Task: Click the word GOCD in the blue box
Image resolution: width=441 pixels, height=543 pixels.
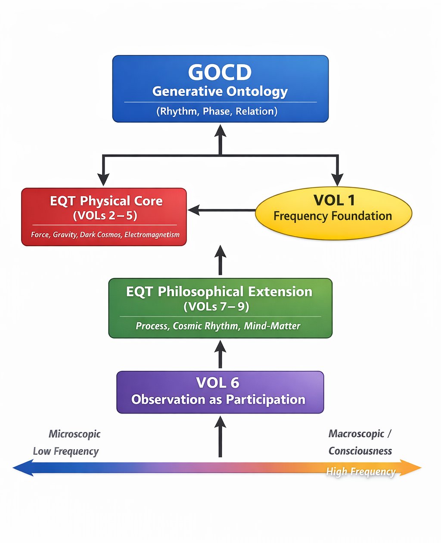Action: [220, 72]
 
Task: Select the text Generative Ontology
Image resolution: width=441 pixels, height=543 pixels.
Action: [220, 91]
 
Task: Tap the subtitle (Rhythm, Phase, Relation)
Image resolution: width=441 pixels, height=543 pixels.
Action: [217, 111]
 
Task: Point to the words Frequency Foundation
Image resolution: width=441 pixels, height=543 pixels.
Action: [332, 216]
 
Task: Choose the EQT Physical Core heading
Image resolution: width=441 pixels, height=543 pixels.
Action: [106, 201]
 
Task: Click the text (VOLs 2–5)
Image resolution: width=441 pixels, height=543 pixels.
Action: [105, 215]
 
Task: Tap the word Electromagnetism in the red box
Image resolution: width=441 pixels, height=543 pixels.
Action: [152, 235]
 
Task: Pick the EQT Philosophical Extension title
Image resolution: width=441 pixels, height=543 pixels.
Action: [219, 292]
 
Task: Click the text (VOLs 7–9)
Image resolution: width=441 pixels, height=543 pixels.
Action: [216, 307]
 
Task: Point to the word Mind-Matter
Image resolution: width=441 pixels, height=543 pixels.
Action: [272, 326]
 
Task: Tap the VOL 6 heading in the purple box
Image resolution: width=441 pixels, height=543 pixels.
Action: [217, 383]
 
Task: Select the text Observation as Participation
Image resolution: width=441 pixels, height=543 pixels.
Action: [218, 400]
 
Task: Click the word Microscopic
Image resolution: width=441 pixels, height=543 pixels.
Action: [74, 434]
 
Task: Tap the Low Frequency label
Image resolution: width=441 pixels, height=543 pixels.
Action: [65, 451]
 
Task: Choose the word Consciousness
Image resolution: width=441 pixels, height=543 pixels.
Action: [360, 451]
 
